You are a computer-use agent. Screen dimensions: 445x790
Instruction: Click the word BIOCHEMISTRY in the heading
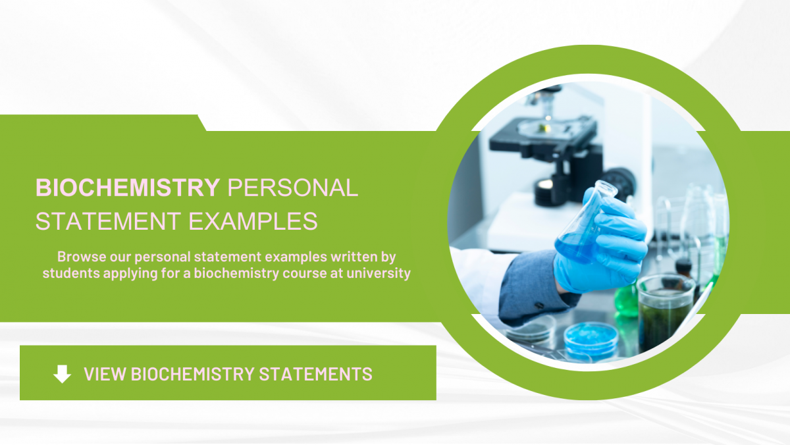point(128,188)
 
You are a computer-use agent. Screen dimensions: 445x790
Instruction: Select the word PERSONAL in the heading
point(292,188)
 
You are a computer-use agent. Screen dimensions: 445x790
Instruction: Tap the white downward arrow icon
point(62,374)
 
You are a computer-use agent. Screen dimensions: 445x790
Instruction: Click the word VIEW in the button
point(105,374)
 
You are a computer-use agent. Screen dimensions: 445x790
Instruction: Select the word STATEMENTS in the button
point(316,374)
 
